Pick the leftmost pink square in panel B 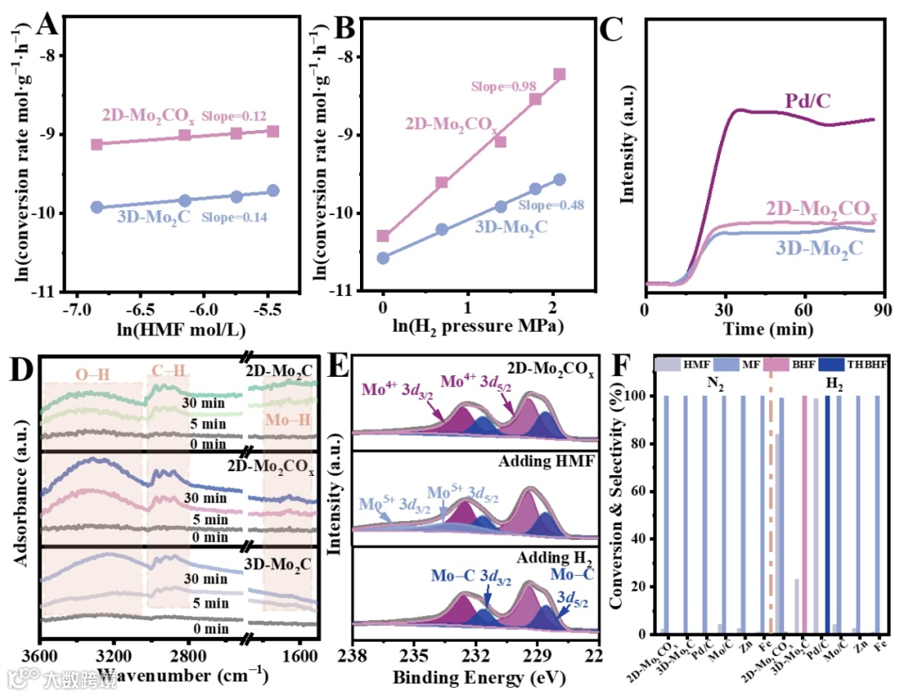(x=383, y=236)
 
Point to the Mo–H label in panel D (x=287, y=420)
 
